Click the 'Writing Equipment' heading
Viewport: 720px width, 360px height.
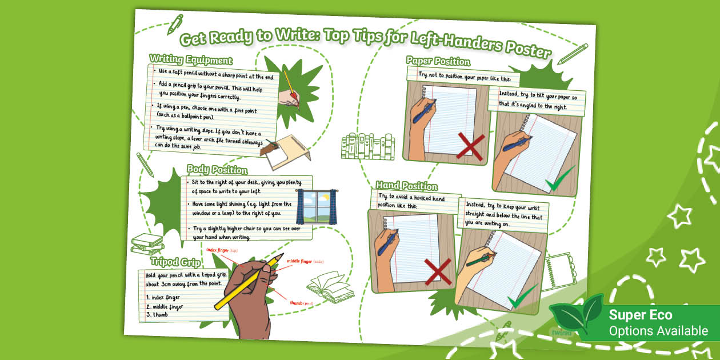pos(190,59)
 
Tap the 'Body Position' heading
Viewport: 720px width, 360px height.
pos(217,170)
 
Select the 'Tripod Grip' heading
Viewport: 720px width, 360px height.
pos(175,262)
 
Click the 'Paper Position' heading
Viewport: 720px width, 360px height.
pos(438,61)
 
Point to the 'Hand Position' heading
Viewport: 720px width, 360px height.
pos(406,186)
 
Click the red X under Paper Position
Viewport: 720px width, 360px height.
pos(471,146)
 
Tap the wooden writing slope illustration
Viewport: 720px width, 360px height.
pos(284,151)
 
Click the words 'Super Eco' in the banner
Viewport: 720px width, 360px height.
pos(640,315)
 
